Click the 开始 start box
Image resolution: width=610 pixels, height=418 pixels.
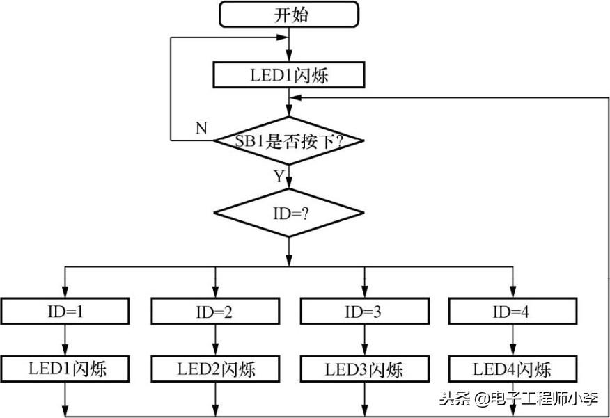tap(289, 14)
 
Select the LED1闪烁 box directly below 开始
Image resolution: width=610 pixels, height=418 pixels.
tap(289, 75)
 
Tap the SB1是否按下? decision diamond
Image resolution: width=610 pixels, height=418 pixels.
tap(289, 141)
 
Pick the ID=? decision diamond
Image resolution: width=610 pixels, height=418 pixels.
tap(289, 212)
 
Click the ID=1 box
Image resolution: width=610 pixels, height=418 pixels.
tap(65, 312)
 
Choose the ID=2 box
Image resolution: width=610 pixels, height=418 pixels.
tap(214, 312)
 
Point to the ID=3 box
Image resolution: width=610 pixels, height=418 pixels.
tap(363, 312)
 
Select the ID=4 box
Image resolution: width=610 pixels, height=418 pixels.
tap(512, 312)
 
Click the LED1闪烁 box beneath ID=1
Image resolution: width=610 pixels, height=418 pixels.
tap(65, 369)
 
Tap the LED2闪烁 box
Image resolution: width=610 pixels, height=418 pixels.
tap(214, 369)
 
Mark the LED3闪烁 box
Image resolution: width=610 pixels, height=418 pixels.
tap(363, 369)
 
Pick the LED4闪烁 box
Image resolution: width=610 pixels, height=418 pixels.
tap(512, 369)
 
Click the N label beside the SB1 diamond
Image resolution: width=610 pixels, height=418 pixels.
tap(201, 128)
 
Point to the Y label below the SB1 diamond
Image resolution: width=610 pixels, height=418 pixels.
tap(279, 177)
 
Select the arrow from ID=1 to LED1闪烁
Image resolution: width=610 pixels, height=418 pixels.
tap(65, 341)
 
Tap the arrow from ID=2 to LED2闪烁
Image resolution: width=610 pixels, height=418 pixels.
tap(214, 341)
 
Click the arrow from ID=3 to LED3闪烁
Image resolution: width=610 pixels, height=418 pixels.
tap(363, 341)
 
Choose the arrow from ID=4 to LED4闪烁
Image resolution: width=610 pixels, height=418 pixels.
tap(512, 341)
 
